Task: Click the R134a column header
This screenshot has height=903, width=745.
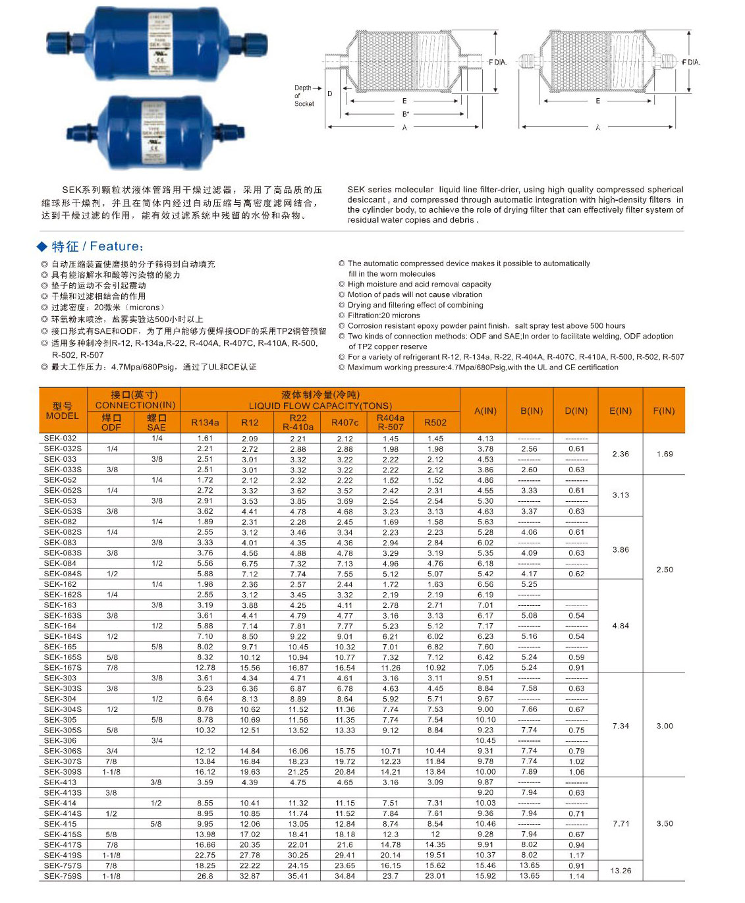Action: click(205, 422)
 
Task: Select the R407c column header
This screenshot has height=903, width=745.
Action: click(345, 422)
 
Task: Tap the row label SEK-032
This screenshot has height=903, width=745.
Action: click(61, 438)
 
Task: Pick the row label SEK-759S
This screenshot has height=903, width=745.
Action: click(63, 876)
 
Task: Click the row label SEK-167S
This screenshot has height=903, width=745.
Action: click(63, 667)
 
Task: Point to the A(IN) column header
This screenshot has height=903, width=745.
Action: click(485, 411)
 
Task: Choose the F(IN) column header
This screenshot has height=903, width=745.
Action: click(664, 411)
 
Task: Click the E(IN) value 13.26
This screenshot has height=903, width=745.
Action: click(621, 871)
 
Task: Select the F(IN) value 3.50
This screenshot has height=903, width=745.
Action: click(665, 823)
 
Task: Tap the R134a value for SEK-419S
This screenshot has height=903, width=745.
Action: click(205, 855)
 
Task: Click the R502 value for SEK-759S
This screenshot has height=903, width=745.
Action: click(435, 876)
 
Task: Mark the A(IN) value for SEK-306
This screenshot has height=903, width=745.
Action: click(485, 740)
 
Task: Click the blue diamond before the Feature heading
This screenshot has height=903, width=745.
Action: click(42, 247)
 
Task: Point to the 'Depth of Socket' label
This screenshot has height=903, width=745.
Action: click(304, 96)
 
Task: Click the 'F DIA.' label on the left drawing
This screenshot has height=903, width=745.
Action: click(497, 63)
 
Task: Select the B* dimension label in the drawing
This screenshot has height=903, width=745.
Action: click(406, 114)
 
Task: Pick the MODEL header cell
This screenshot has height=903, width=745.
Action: click(63, 411)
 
